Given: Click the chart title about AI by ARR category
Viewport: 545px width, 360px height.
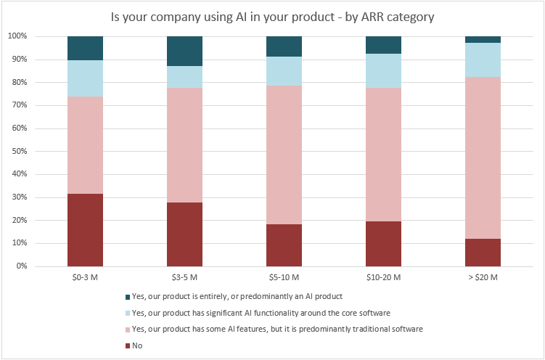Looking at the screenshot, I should point(272,16).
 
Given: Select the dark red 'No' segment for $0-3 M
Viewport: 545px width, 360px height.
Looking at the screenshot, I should point(85,230).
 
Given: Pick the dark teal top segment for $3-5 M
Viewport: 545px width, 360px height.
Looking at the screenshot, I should point(184,51).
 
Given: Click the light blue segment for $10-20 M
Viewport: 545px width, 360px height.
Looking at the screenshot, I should point(383,70).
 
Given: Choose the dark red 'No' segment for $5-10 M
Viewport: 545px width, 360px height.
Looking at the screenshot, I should point(284,245).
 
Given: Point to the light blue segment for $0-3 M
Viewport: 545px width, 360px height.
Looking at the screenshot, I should point(85,78).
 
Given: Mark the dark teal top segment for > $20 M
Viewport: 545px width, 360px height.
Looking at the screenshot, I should point(483,39).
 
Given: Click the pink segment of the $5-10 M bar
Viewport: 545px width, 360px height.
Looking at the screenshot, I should point(284,155).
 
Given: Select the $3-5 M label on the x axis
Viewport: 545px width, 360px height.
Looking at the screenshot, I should point(184,277).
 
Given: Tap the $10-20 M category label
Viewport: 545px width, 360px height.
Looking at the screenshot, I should point(383,277).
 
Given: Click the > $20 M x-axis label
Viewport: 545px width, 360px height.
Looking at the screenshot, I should point(483,277).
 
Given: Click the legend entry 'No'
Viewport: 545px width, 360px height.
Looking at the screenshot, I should point(137,345).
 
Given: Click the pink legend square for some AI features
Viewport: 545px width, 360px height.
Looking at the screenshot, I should point(127,330).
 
